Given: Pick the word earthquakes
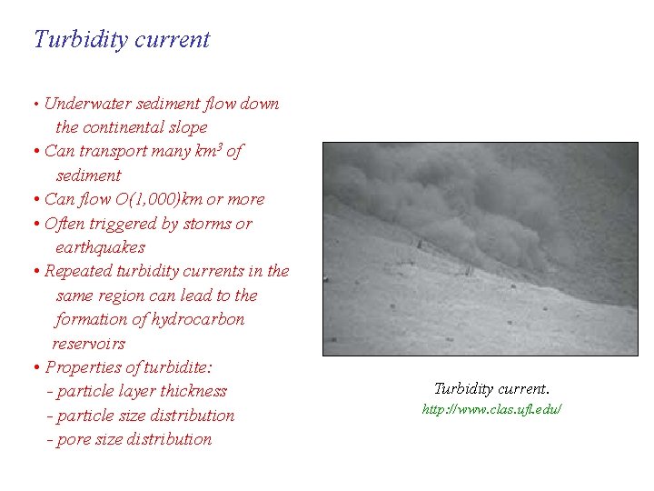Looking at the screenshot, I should point(100,247).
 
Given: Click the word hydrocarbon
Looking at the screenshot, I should point(199,319).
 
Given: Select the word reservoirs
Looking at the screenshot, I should point(88,344).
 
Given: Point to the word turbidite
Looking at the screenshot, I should point(177,367).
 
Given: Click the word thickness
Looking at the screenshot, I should point(193,391).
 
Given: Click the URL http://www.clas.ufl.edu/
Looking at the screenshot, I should point(491,410).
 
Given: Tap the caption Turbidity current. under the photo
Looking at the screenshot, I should point(491,388).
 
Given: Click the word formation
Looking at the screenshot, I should point(91,319).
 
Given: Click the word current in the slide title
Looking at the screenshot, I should point(178,40).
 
